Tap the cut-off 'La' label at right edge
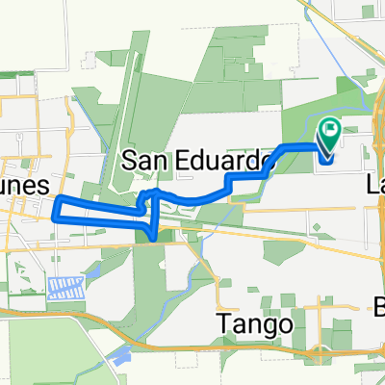coord(376,185)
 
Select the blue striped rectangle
coord(64,286)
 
